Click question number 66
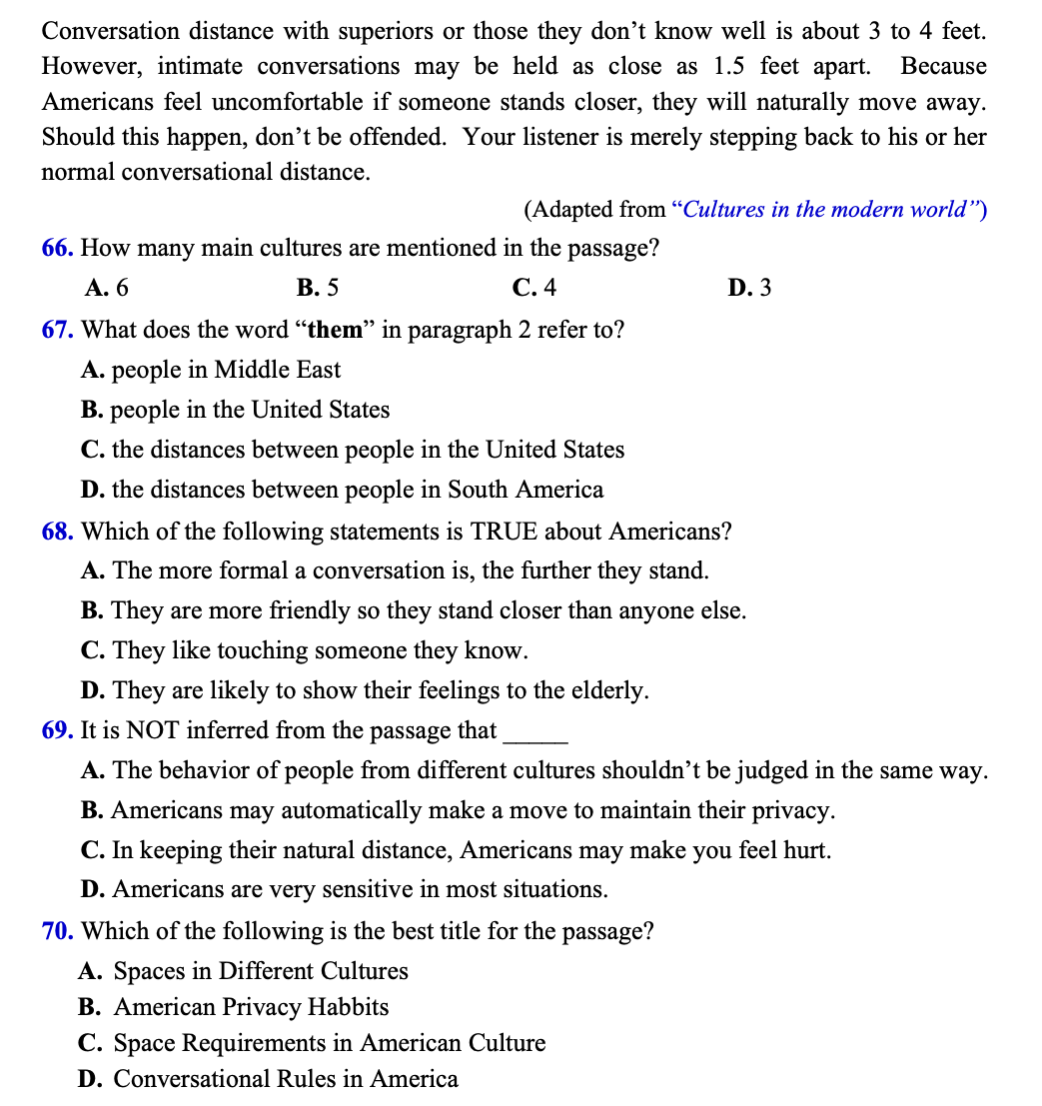tap(58, 248)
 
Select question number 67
tap(58, 330)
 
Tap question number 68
tap(58, 531)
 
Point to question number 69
tap(58, 730)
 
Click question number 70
tap(58, 931)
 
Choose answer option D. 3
tap(749, 289)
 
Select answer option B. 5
tap(318, 289)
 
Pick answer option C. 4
tap(533, 289)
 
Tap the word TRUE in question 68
tap(505, 531)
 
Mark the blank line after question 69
tap(536, 737)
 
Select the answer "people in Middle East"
tap(226, 370)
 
